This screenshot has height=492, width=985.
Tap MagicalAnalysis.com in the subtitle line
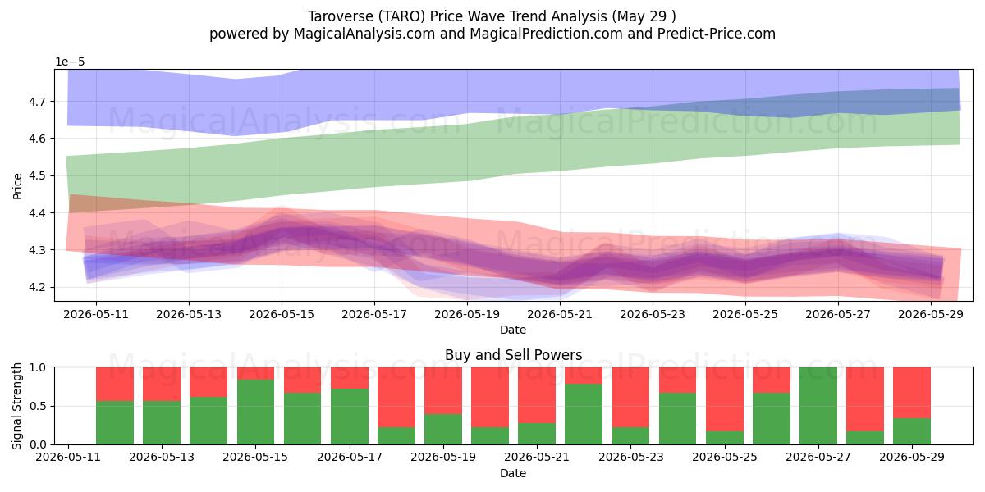coord(364,34)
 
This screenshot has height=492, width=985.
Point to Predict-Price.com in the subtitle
coord(717,34)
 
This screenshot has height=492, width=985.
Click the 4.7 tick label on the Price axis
coord(38,102)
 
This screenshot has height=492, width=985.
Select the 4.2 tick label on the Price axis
coord(38,288)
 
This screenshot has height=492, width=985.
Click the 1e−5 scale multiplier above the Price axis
coord(70,62)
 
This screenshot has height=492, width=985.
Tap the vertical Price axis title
coord(17,186)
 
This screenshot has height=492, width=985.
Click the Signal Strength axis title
coord(16,406)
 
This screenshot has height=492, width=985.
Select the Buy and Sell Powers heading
coord(514,355)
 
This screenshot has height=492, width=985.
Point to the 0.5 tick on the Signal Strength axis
coord(39,407)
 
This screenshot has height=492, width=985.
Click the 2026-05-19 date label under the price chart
coord(467,315)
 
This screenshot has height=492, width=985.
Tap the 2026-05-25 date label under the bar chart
coord(725,458)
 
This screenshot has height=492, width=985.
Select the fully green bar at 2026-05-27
coord(818,406)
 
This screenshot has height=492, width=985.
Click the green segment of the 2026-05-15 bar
coord(255,412)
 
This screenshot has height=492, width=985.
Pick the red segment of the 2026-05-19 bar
coord(442,390)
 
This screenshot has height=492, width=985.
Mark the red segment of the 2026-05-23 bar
coord(630,397)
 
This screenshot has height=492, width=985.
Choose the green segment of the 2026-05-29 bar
coord(912,431)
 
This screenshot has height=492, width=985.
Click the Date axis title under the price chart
coord(513,330)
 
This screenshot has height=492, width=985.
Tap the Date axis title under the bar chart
coord(513,473)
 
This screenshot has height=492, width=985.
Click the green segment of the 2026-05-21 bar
coord(537,434)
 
